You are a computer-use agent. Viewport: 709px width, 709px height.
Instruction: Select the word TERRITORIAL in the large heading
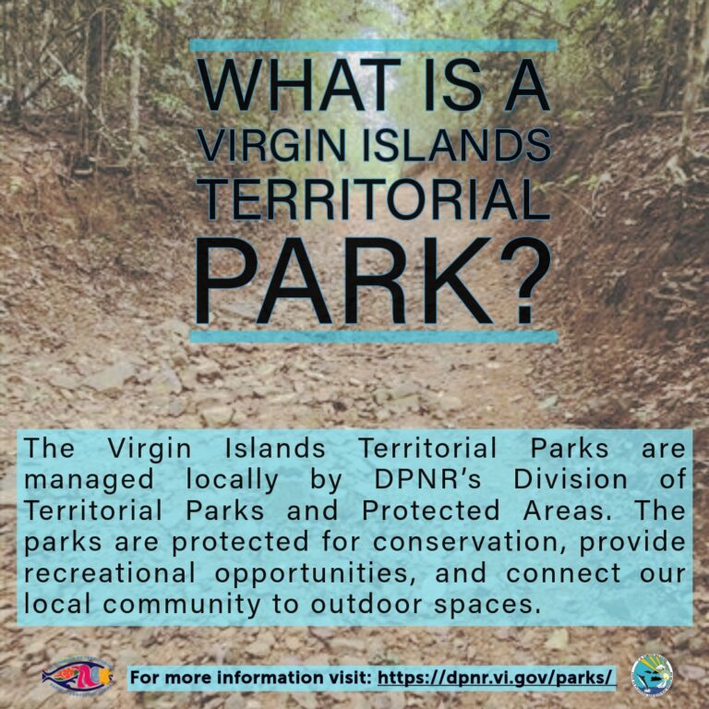point(373,199)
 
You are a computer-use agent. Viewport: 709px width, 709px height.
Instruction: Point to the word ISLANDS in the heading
point(456,145)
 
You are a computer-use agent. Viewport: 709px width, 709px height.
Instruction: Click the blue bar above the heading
point(374,45)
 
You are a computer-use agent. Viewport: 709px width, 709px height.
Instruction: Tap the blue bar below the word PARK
point(374,336)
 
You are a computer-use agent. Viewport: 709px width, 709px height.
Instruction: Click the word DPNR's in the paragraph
point(427,480)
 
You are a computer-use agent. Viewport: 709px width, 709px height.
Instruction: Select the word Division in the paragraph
point(571,480)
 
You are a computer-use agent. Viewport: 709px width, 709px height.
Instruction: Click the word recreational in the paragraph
point(110,573)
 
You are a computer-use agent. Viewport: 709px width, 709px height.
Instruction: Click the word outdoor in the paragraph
point(366,604)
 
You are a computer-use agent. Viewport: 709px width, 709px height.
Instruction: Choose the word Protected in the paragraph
point(430,511)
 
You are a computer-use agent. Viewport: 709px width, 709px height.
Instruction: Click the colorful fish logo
point(78,677)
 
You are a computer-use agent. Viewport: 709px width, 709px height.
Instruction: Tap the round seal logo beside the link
point(652,675)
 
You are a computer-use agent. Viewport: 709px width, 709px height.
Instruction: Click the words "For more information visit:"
point(251,678)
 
